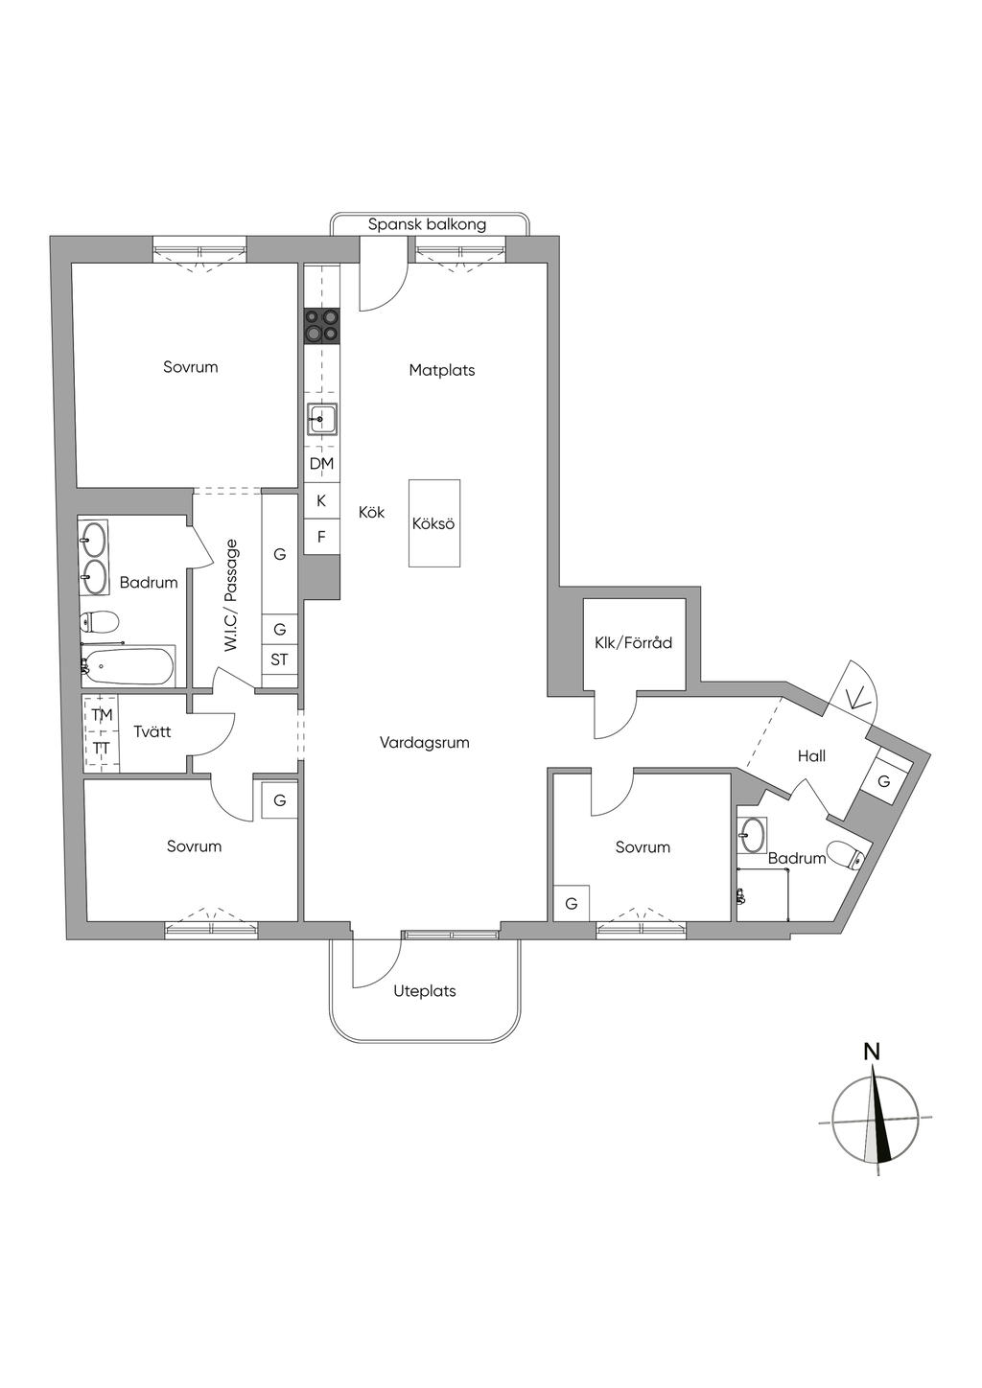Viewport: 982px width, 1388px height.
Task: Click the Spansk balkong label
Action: pyautogui.click(x=428, y=224)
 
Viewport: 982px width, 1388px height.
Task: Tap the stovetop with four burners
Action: pyautogui.click(x=321, y=325)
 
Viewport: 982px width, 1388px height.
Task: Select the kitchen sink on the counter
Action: pyautogui.click(x=322, y=419)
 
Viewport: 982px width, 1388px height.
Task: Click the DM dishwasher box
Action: pyautogui.click(x=321, y=464)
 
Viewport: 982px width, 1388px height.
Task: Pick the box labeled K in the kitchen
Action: pyautogui.click(x=321, y=500)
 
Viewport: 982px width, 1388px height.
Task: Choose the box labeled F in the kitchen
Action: pyautogui.click(x=321, y=537)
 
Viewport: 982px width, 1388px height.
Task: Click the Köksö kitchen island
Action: pyautogui.click(x=433, y=523)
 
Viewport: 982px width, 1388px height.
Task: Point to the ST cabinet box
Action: pyautogui.click(x=279, y=659)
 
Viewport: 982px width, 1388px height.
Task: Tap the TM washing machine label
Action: pyautogui.click(x=102, y=715)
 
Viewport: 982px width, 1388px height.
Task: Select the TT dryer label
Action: pyautogui.click(x=102, y=748)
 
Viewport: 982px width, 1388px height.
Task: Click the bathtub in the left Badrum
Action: pyautogui.click(x=128, y=665)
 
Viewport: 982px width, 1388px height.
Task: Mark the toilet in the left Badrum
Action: pyautogui.click(x=98, y=621)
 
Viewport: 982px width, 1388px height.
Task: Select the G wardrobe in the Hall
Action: pyautogui.click(x=883, y=781)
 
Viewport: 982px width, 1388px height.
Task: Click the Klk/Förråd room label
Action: pyautogui.click(x=634, y=642)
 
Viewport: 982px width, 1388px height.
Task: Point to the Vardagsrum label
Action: pyautogui.click(x=424, y=742)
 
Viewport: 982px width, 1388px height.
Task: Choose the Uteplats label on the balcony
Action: pyautogui.click(x=425, y=990)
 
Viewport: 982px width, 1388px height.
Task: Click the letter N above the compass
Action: pyautogui.click(x=872, y=1052)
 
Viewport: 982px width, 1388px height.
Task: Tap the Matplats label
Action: pyautogui.click(x=442, y=370)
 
